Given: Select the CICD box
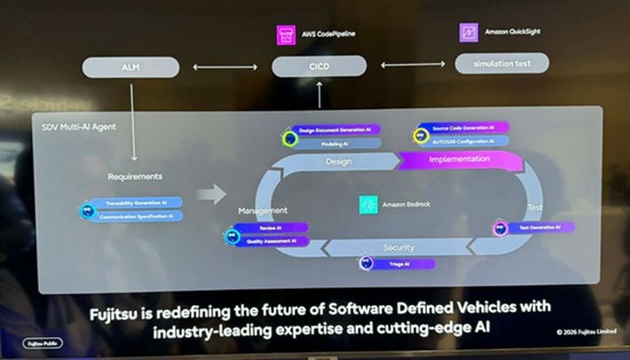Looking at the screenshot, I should (319, 66).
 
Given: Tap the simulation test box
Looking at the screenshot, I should (501, 63).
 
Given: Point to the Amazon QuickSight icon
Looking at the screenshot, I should (469, 33).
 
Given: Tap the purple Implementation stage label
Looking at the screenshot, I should (459, 160).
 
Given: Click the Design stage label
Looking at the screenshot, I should (338, 162).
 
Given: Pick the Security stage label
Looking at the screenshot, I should (398, 247).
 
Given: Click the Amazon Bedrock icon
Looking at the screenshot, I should (368, 205).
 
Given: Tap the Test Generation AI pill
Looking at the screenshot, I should (538, 228).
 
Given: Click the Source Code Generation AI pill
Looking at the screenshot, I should (464, 129).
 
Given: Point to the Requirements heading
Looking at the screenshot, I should (135, 176).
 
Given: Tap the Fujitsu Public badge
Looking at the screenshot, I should (43, 342).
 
